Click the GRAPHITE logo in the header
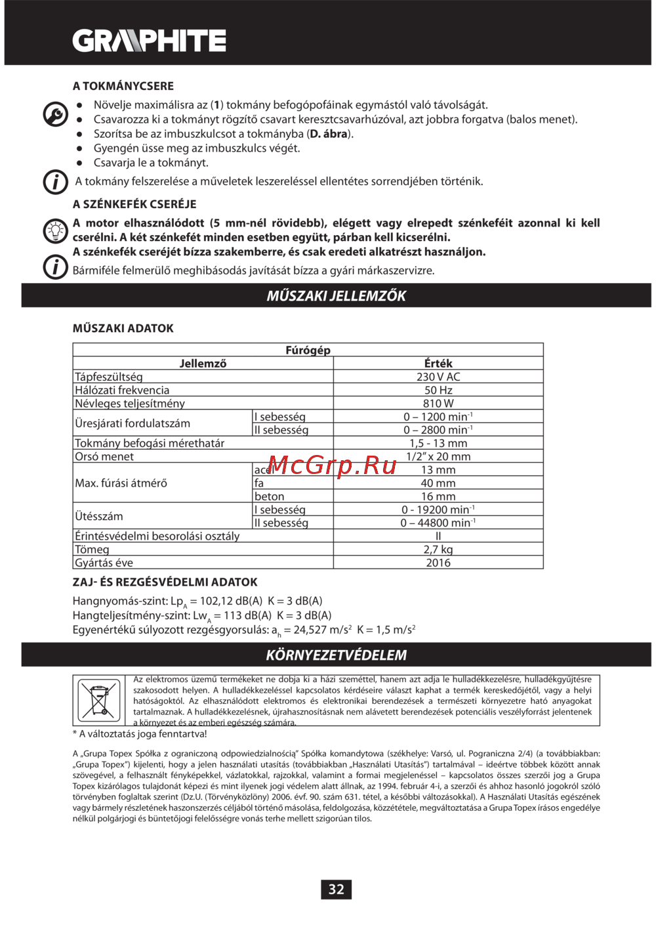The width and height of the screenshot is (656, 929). [150, 41]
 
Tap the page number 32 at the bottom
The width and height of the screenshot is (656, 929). [336, 889]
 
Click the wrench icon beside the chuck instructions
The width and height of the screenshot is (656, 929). [56, 115]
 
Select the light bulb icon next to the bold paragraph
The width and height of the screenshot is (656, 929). [56, 230]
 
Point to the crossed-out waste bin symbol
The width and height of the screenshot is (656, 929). [99, 701]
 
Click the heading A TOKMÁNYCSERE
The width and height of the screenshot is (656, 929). [123, 86]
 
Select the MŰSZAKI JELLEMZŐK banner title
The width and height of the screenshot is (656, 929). [336, 295]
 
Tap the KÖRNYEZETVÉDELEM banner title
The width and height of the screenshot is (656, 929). [336, 655]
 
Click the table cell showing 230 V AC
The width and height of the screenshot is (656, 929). [438, 377]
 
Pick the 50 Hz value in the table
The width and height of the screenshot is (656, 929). [438, 390]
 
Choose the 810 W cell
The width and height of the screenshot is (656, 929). [438, 403]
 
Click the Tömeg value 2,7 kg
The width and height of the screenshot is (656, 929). [438, 550]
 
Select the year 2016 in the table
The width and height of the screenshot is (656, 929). [438, 563]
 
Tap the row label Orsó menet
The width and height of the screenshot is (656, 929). [104, 456]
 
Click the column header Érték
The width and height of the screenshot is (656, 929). [438, 363]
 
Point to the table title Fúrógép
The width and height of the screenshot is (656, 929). [308, 350]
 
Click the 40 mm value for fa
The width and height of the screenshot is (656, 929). [438, 483]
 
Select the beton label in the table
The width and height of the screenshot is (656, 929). [270, 496]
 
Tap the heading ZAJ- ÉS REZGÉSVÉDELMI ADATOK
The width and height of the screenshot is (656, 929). [165, 582]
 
